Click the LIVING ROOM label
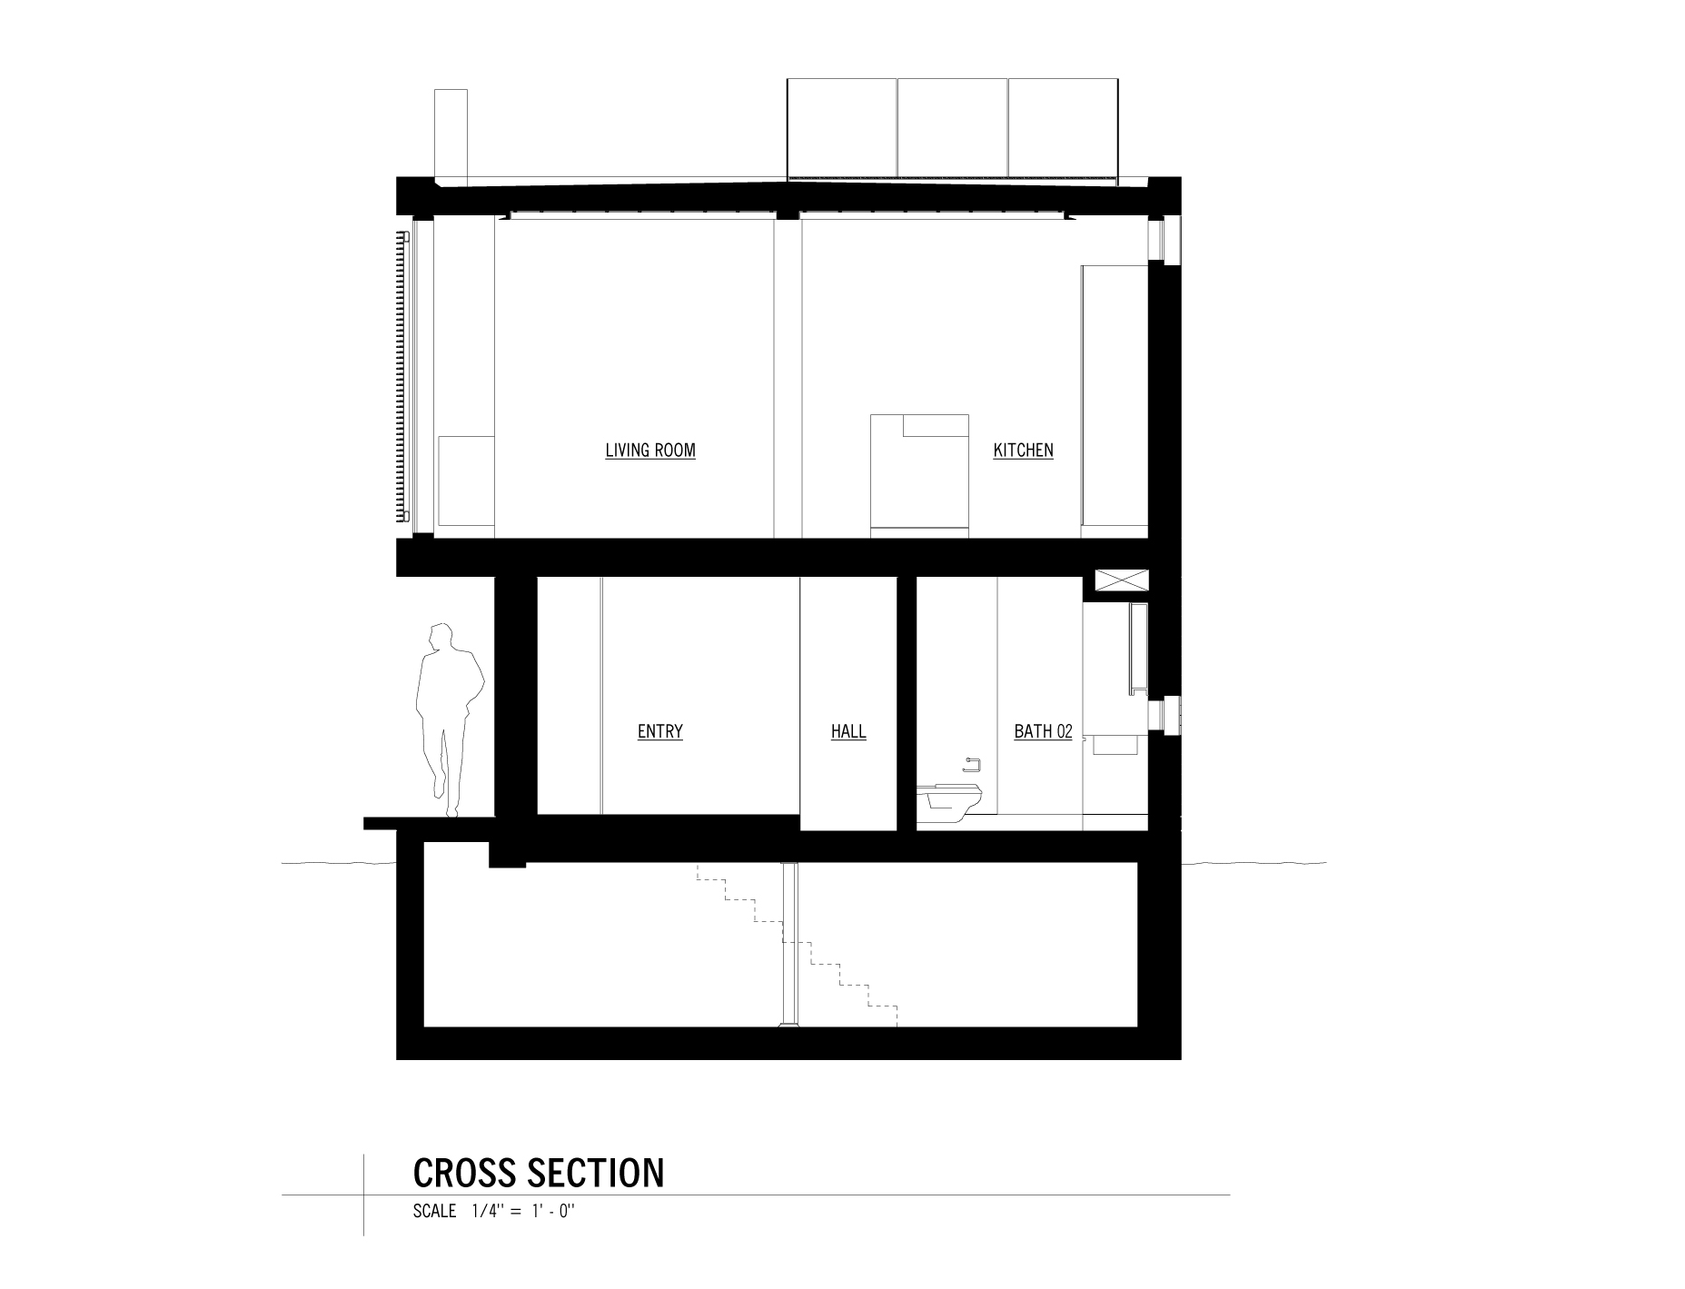[x=650, y=451]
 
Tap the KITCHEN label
[x=1023, y=451]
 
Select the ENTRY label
[x=659, y=732]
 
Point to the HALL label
[x=848, y=732]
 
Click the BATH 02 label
[x=1043, y=732]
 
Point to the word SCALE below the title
[x=434, y=1212]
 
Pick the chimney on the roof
[x=451, y=136]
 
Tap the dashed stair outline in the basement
[x=799, y=945]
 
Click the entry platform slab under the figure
[x=427, y=823]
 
